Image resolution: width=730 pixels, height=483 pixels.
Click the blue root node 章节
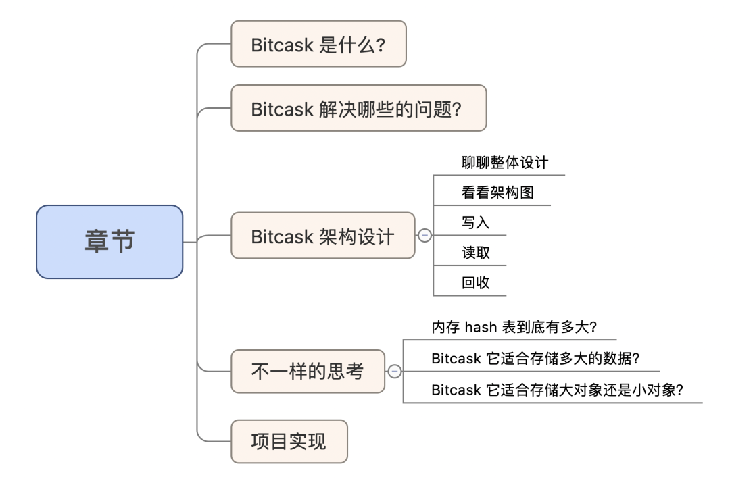(x=109, y=242)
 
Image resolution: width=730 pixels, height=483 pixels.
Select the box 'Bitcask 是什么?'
(x=318, y=44)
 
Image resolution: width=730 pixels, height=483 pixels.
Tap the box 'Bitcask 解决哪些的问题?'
(x=358, y=108)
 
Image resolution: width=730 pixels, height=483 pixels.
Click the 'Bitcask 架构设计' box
(x=322, y=236)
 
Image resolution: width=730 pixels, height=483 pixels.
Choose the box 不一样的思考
(x=308, y=372)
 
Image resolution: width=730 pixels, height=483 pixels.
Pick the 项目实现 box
(x=289, y=442)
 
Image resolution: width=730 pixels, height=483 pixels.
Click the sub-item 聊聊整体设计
(x=504, y=163)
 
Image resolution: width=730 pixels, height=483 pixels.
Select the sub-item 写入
(x=475, y=223)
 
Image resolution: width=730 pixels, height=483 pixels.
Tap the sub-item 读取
(x=475, y=253)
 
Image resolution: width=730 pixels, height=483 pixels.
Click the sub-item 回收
(x=475, y=283)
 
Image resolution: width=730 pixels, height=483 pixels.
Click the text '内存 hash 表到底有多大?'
(x=514, y=328)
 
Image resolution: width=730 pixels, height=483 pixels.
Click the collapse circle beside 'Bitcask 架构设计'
(x=425, y=236)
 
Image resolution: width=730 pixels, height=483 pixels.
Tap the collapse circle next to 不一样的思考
(x=395, y=372)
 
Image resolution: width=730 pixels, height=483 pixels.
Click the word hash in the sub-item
(x=480, y=328)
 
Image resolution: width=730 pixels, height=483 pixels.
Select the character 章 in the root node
(x=97, y=242)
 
